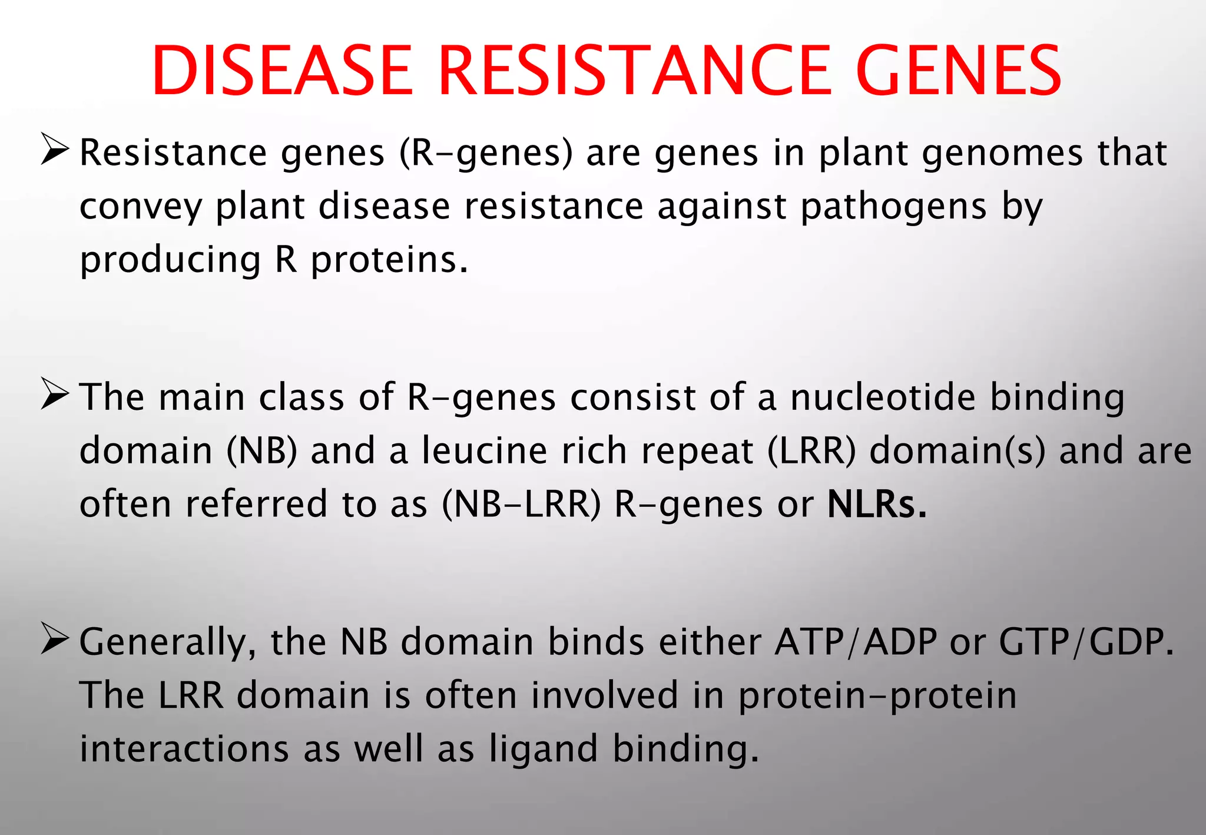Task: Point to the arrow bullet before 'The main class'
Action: point(56,396)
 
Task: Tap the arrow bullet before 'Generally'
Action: point(56,640)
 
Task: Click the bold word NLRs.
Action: point(877,505)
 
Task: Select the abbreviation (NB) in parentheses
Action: point(262,452)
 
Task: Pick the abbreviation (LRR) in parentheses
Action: point(811,452)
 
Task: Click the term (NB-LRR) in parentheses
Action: point(522,505)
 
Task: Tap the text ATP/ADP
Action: point(856,642)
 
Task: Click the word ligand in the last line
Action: point(543,750)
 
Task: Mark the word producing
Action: point(170,261)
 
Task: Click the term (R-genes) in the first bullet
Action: point(486,154)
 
